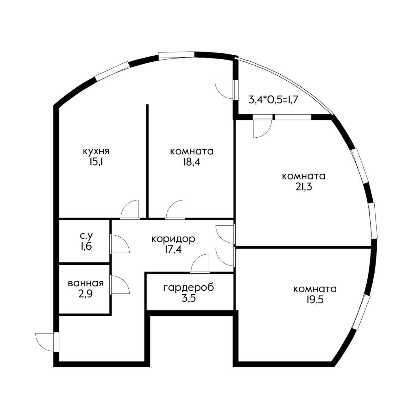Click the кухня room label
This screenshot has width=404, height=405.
[x=96, y=151]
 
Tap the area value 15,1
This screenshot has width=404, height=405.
[x=96, y=162]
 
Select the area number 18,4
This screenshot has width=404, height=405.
[x=192, y=162]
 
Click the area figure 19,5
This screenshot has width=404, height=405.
[x=315, y=299]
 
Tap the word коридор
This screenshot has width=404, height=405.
[x=173, y=239]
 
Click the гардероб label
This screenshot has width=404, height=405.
[x=189, y=288]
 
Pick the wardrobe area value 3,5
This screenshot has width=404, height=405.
[x=189, y=298]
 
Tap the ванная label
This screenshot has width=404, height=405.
[x=85, y=283]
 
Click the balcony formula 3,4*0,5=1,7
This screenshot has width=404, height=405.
[x=274, y=100]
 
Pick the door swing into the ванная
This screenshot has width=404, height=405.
[x=120, y=284]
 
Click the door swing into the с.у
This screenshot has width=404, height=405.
[x=120, y=244]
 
